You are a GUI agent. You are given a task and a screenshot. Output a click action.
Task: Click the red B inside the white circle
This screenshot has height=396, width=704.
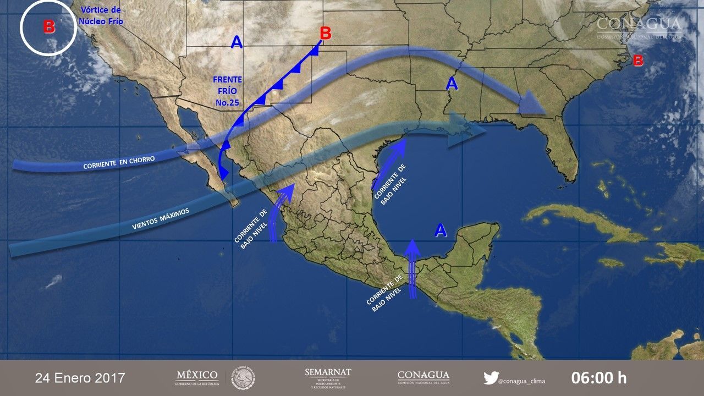tap(49, 27)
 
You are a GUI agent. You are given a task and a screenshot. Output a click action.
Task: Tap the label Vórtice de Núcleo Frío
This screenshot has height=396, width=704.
tap(101, 16)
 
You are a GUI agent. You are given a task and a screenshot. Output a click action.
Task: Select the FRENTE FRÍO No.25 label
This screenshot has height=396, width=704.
tap(227, 91)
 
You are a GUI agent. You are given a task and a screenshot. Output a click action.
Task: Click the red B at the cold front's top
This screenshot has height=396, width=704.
tap(326, 34)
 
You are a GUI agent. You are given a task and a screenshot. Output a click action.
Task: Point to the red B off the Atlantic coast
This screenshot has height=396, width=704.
tap(638, 61)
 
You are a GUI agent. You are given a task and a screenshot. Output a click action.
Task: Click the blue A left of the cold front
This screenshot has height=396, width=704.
tap(237, 42)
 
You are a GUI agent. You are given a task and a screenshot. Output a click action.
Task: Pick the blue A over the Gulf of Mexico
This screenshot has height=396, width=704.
tap(440, 230)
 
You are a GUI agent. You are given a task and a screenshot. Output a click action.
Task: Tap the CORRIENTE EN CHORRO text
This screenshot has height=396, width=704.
tap(119, 162)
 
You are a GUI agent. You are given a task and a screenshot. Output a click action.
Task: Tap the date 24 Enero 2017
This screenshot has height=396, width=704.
tap(80, 378)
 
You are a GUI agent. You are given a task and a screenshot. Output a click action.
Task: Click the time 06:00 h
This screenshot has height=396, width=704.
tap(598, 378)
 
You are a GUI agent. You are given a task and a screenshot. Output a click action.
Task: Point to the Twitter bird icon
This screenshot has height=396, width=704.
tap(491, 378)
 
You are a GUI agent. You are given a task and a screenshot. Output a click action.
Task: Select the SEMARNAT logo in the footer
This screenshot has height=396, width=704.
tap(328, 377)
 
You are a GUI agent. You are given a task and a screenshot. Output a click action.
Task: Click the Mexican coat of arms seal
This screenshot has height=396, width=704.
tap(243, 378)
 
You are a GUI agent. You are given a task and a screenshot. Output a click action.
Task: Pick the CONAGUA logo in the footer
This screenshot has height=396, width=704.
tap(423, 377)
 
